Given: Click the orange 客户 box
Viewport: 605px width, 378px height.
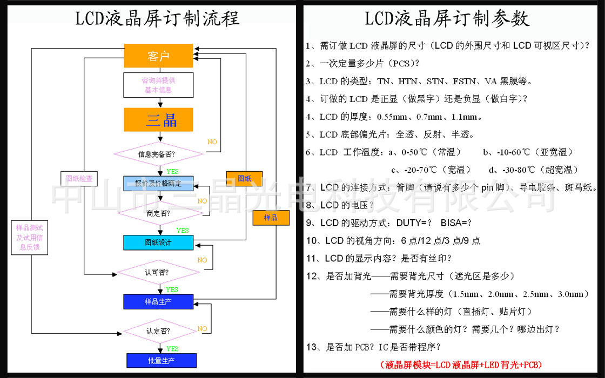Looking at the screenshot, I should coord(158,56).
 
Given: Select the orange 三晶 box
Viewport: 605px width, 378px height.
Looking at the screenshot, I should coord(158,120).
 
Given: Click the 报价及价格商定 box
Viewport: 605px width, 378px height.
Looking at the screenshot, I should coord(158,183).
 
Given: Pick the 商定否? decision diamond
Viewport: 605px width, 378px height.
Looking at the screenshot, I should coord(158,213).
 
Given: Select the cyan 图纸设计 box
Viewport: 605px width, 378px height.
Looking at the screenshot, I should coord(158,242).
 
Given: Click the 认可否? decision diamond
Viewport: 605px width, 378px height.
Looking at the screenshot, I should coord(158,272).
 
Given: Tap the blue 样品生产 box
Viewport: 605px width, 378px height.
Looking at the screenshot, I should coord(158,301).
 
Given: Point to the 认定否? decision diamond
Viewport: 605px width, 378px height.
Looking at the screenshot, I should coord(158,331).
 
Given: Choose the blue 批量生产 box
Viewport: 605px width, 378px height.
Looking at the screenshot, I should coord(161,360).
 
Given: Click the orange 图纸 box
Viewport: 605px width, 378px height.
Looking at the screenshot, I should coord(244,179).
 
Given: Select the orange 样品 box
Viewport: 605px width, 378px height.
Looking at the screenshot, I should coord(271,218).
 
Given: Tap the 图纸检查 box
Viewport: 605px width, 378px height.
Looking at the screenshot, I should coord(79,178).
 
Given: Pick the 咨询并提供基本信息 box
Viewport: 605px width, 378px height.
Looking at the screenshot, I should coord(158,85).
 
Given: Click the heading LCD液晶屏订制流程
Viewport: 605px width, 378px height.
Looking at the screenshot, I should coord(157,19).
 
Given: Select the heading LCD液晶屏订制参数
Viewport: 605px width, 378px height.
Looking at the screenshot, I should coord(447,19).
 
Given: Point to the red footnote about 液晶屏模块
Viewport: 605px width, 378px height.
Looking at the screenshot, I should coord(461,364).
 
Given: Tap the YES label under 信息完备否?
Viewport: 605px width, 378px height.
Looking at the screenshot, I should coord(172,171).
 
